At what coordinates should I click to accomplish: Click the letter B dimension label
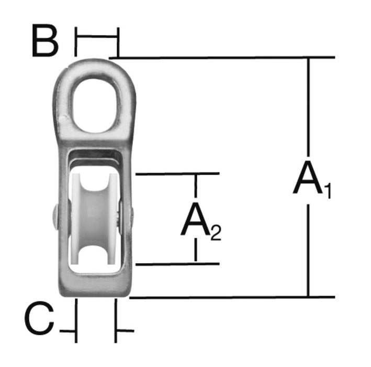click(x=45, y=40)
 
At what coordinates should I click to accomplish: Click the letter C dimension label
click(x=39, y=318)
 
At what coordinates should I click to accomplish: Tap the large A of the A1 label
click(x=308, y=177)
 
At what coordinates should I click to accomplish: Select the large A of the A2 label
click(x=196, y=219)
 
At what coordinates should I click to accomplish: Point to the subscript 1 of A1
click(x=327, y=191)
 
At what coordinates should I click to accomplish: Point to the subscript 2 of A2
click(x=216, y=233)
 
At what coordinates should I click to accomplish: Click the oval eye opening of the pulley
click(x=94, y=105)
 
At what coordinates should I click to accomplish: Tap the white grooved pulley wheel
click(x=94, y=219)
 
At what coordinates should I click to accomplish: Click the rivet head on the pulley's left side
click(x=55, y=217)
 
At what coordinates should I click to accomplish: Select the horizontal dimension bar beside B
click(x=97, y=37)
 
